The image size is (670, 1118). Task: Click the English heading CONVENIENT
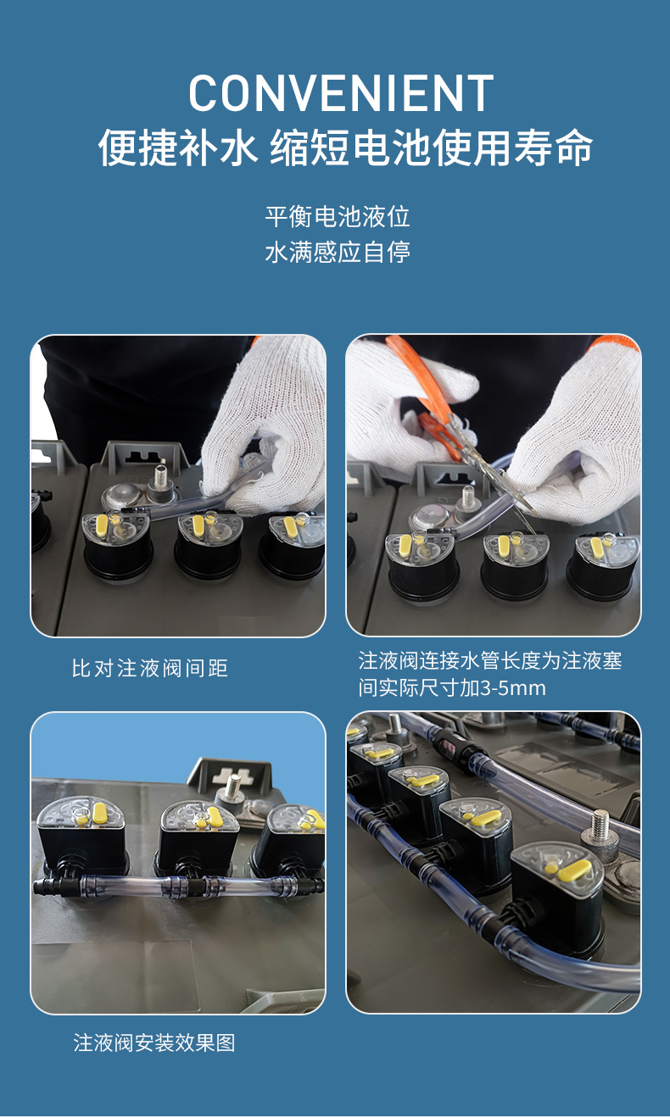[341, 93]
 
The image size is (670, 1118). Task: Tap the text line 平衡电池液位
[338, 217]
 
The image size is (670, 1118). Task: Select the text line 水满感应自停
[338, 252]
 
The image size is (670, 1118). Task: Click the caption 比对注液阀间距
[150, 668]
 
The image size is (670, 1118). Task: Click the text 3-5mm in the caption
[513, 688]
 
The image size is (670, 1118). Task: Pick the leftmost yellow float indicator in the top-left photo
[103, 524]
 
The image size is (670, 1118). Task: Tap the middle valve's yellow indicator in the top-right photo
[503, 545]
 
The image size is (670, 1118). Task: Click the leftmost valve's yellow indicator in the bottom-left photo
[99, 813]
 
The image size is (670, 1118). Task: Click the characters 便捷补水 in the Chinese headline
[178, 147]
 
